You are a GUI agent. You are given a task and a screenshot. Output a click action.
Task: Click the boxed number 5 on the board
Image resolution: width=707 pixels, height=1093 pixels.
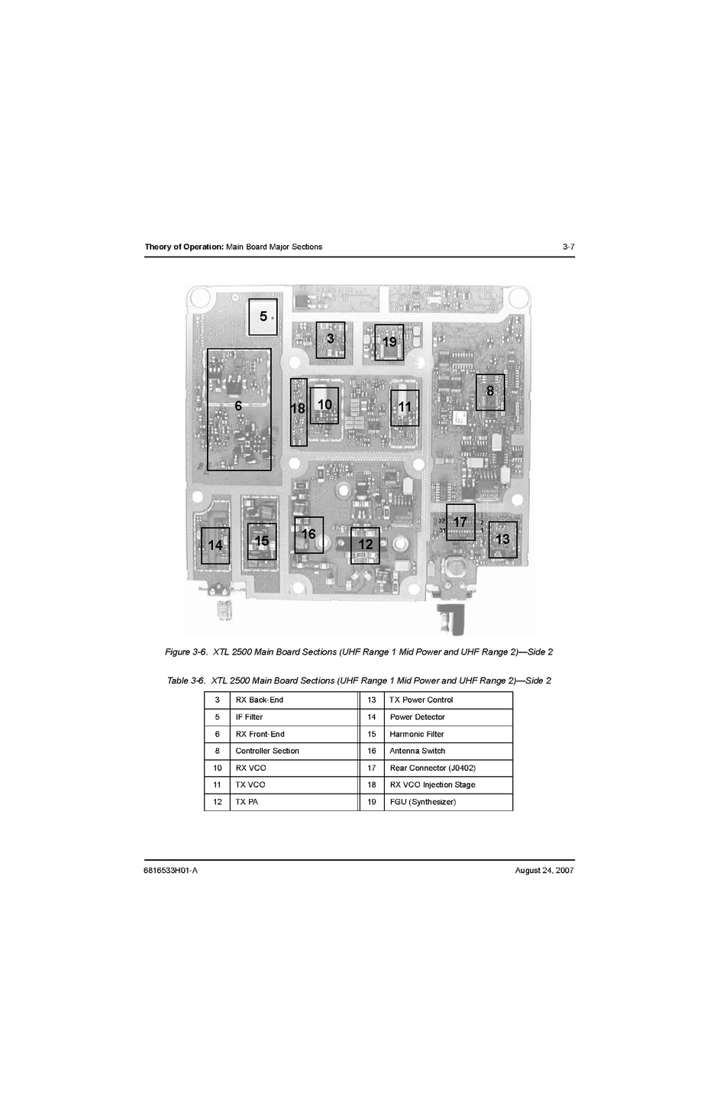pos(263,317)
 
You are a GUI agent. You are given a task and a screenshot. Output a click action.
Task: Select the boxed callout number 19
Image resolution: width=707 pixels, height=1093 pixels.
pos(389,342)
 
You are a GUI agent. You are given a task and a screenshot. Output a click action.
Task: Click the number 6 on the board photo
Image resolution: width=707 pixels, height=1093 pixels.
pos(238,406)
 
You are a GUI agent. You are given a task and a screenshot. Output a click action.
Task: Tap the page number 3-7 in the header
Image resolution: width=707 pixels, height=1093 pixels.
pos(569,247)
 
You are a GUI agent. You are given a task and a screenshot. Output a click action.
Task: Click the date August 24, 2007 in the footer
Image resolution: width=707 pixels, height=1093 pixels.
pos(544,871)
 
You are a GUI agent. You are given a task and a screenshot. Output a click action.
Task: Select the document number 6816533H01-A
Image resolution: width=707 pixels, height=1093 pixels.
pos(171,871)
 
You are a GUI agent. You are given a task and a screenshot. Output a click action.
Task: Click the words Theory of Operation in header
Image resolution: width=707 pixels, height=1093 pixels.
pos(184,247)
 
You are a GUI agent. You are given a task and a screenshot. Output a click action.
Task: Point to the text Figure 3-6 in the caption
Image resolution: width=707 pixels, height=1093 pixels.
pos(186,652)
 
